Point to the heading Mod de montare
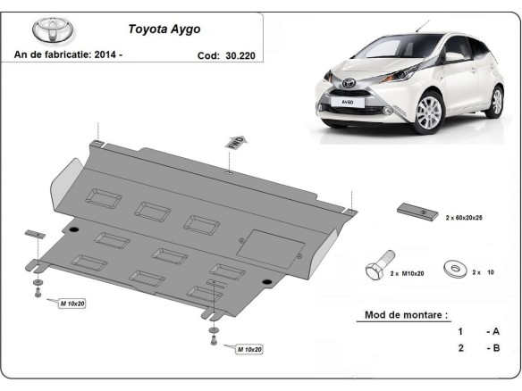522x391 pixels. (406, 315)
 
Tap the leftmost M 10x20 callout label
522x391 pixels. (72, 304)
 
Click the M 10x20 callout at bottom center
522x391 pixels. (250, 348)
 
